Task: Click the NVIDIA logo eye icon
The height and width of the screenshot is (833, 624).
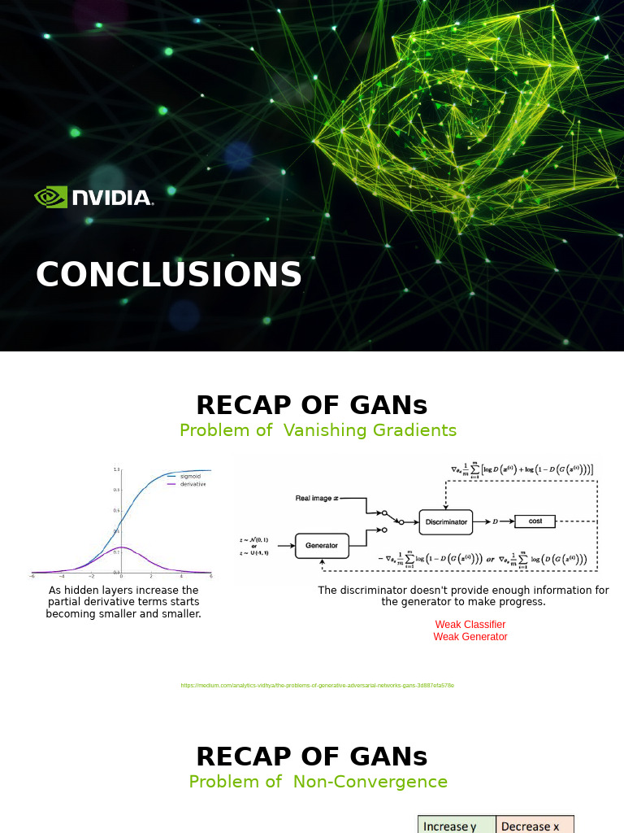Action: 50,197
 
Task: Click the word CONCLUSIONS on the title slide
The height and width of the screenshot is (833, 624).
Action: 169,275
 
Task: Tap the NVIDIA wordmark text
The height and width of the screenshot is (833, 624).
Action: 112,198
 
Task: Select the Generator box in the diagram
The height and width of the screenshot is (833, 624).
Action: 322,545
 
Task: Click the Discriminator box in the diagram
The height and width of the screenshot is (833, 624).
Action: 445,521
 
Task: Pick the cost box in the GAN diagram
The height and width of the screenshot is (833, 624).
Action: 535,521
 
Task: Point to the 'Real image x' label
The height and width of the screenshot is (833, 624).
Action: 317,497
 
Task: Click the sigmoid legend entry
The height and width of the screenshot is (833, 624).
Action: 190,476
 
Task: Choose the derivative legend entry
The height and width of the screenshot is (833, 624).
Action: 193,484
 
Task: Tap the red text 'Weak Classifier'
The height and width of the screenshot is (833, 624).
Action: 470,625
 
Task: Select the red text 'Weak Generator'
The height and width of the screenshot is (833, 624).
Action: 470,637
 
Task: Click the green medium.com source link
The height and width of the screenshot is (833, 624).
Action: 317,686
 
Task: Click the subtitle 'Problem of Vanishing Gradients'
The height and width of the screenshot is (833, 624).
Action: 318,430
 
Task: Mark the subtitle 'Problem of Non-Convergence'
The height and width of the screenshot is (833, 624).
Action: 318,782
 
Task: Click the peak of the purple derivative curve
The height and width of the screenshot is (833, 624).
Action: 121,548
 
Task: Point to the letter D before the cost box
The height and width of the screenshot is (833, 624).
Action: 496,521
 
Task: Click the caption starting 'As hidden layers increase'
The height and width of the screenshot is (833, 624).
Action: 123,602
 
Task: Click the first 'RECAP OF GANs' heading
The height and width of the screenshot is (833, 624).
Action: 312,405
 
